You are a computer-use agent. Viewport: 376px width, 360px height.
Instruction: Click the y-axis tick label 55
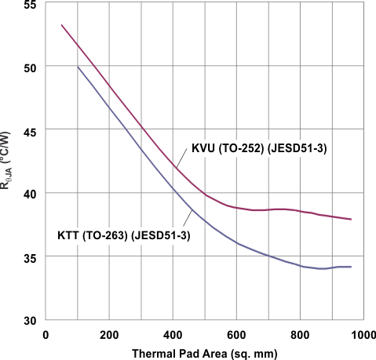coord(28,5)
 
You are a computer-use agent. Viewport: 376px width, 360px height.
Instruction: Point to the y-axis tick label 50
coord(28,67)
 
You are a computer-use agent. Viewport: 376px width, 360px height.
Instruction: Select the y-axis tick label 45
coord(28,130)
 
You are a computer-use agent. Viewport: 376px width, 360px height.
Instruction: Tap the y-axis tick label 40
coord(28,194)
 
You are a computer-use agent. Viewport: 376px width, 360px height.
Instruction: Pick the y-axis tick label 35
coord(28,256)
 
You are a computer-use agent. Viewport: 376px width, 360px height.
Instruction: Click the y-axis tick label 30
coord(28,319)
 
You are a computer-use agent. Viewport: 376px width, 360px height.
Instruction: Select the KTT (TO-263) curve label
coord(124,235)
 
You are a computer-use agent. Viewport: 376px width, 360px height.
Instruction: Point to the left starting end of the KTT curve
coord(78,67)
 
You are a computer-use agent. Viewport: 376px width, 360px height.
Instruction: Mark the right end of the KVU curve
coord(350,220)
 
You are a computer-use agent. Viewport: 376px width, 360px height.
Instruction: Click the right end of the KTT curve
coord(350,267)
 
